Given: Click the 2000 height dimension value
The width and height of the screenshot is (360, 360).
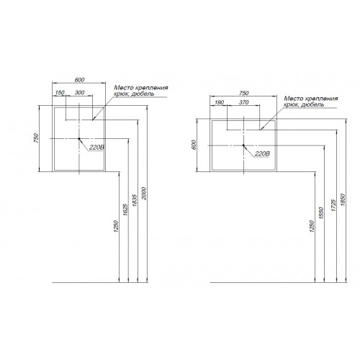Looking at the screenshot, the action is tap(144, 193).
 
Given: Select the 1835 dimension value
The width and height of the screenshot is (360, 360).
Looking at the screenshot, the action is tap(135, 200).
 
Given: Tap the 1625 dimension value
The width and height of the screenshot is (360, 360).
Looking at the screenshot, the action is tap(125, 210).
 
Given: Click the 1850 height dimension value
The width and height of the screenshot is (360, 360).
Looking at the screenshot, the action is tap(343, 199).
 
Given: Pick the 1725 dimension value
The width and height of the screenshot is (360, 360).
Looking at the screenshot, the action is tap(333, 205).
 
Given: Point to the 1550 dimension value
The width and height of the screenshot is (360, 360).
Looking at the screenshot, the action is tap(321, 212).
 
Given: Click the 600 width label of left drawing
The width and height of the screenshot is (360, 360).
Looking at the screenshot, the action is tap(79, 80).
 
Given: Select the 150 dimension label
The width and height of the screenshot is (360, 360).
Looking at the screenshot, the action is tap(60, 92).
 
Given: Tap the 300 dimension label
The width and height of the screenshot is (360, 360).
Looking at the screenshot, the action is tap(79, 92).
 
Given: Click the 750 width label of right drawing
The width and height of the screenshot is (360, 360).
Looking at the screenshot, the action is tap(243, 93).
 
